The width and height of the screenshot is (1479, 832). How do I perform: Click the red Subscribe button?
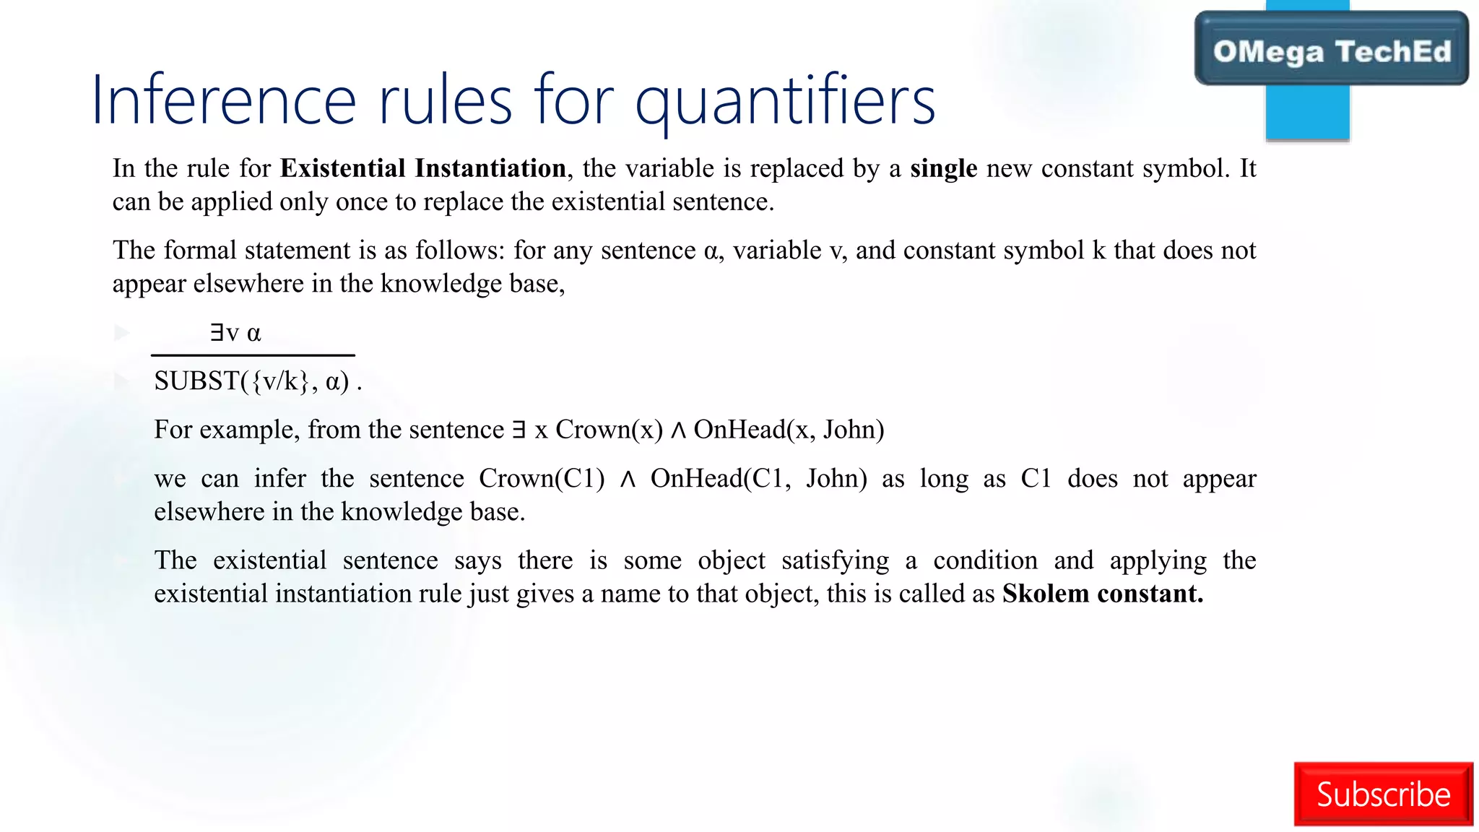click(1383, 794)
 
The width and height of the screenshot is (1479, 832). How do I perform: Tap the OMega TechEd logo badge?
click(1332, 50)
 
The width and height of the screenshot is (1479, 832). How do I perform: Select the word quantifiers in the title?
click(785, 102)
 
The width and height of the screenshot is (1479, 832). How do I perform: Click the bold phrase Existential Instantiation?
click(422, 168)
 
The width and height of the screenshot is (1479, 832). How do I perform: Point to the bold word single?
click(943, 168)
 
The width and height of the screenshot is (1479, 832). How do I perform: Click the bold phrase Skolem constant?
click(1102, 594)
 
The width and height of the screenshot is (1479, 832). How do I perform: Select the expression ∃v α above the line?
click(235, 333)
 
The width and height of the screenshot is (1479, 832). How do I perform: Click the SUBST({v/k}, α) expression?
click(251, 381)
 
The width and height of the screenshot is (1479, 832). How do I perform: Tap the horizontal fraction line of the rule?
click(253, 355)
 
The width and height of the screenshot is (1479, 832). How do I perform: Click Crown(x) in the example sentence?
click(609, 430)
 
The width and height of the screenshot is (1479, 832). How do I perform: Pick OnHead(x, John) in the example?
click(789, 430)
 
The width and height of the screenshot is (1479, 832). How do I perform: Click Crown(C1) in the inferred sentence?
click(542, 479)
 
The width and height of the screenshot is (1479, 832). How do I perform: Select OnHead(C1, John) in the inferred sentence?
click(758, 479)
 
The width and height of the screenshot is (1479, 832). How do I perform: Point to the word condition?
click(985, 560)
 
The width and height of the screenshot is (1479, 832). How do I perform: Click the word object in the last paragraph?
click(731, 560)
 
